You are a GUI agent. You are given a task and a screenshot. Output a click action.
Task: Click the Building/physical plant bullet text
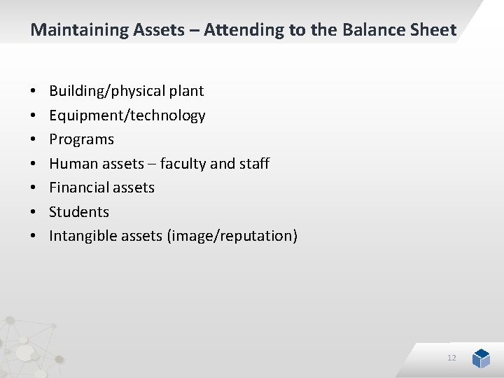(x=126, y=91)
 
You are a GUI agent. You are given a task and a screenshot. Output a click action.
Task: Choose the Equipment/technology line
(x=127, y=115)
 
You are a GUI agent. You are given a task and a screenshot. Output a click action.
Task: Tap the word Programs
(x=81, y=139)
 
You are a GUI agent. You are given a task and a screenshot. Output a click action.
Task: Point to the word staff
(x=254, y=164)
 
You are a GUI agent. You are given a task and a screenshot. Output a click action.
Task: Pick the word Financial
(x=77, y=188)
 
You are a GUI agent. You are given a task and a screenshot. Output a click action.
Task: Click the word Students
(x=79, y=212)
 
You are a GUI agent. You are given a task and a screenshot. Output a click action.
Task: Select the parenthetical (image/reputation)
(x=232, y=236)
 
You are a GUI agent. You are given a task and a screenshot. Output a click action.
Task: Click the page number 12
(x=451, y=358)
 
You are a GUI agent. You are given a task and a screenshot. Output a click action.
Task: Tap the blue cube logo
(x=481, y=358)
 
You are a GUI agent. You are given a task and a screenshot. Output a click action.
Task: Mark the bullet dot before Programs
(x=34, y=140)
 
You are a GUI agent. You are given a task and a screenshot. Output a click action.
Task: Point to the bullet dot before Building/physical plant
(x=34, y=92)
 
